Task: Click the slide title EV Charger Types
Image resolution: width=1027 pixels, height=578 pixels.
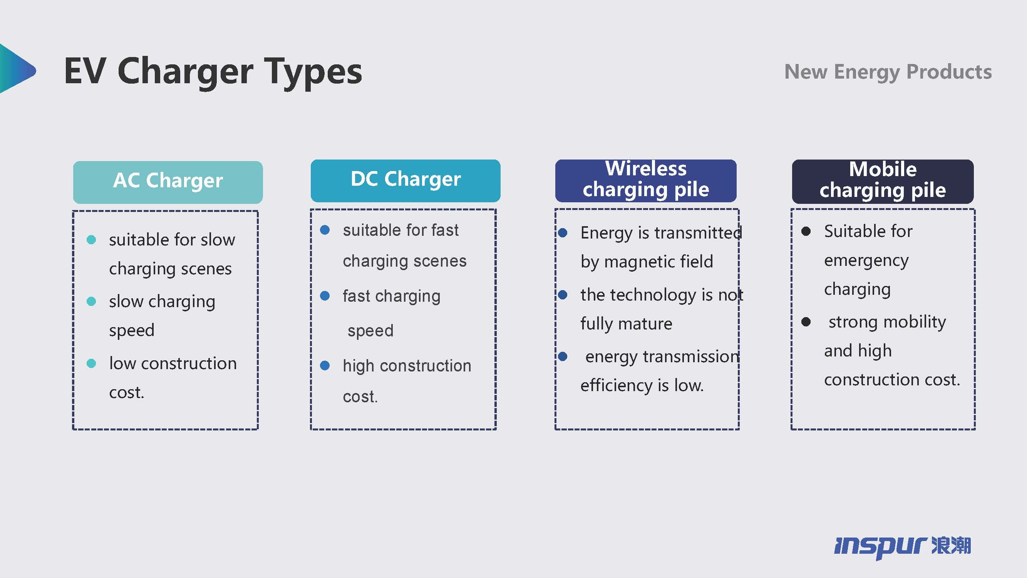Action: coord(213,72)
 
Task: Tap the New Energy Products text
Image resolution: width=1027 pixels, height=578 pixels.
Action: coord(888,72)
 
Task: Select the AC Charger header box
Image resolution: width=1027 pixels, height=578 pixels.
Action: coord(168,182)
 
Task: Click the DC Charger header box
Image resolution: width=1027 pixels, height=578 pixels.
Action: coord(405,181)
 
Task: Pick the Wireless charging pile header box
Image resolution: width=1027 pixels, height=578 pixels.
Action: coord(646,181)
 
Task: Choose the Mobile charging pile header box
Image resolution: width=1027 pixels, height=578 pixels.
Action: coord(883,181)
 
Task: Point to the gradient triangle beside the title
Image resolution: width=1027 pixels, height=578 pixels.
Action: coord(16,69)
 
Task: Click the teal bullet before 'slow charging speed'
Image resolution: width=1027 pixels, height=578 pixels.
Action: coord(91,301)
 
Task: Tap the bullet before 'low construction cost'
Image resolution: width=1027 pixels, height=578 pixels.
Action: coord(91,363)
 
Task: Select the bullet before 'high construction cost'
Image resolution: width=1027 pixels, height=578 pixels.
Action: coord(325,365)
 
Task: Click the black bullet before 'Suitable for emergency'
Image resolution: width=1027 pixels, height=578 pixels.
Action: coord(806,231)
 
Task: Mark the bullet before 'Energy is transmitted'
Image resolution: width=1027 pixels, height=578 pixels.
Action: coord(563,233)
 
